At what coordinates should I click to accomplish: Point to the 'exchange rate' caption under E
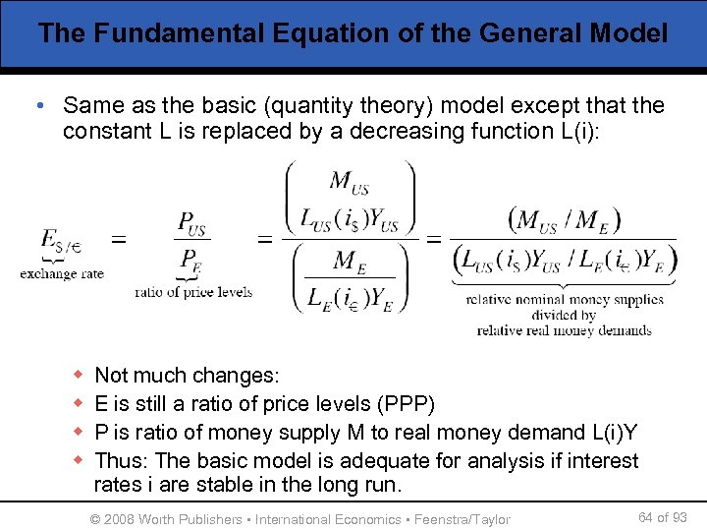tap(62, 273)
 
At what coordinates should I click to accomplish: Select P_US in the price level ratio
tap(192, 223)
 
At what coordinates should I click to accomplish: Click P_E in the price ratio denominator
tap(190, 262)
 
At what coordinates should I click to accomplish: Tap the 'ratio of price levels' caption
tap(193, 291)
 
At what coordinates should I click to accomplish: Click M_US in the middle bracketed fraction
tap(349, 181)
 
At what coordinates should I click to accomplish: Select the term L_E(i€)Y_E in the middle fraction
tap(349, 297)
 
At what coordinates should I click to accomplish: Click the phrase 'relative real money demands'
tap(565, 330)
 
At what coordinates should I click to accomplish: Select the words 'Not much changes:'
tap(187, 376)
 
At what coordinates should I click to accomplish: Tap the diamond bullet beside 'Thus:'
tap(79, 461)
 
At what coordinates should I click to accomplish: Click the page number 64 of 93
tap(662, 517)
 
